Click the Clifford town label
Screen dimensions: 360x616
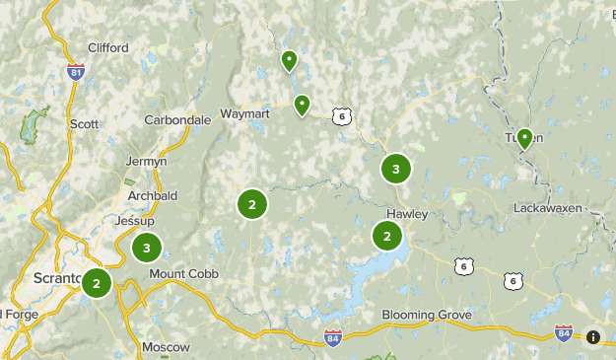tap(108, 46)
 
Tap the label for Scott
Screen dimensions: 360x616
tap(85, 124)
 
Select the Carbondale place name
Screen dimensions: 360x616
tap(177, 119)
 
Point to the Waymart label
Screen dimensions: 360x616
tap(244, 113)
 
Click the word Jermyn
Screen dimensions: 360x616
tap(147, 161)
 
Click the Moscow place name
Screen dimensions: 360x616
tap(166, 347)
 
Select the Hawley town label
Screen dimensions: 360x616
tap(406, 214)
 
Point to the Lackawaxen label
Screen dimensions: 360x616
tap(548, 208)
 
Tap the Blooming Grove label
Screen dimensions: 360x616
tap(427, 316)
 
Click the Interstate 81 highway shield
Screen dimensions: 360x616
tap(76, 71)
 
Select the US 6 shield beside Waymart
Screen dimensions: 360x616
tap(341, 116)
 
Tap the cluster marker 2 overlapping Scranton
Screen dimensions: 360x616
tap(97, 284)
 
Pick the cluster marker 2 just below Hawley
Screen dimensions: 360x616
tap(387, 237)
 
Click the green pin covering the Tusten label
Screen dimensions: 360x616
tap(524, 138)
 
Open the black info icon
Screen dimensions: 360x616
tap(593, 337)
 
